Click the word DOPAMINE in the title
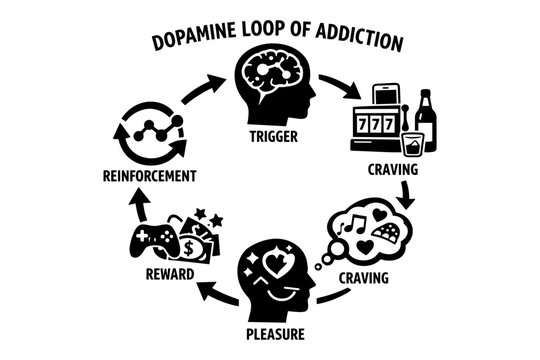point(193,43)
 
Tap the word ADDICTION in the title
point(356,43)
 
